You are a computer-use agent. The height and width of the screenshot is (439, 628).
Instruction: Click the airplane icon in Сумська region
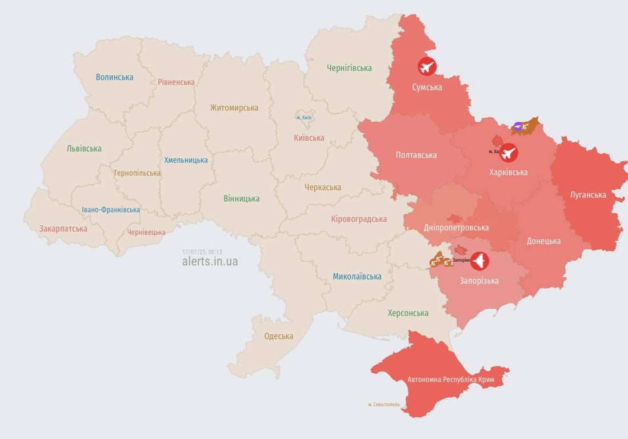point(427,67)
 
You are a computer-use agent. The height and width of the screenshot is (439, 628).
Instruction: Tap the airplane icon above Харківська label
point(508,153)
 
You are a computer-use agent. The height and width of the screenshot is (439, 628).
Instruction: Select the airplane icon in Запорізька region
point(479,261)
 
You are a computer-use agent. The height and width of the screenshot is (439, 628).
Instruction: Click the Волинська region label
point(114,77)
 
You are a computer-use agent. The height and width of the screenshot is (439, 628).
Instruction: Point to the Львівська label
point(84,149)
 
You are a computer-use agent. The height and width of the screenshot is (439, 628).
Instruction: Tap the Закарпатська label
point(63,229)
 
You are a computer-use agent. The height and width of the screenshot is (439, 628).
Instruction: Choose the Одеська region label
point(278,336)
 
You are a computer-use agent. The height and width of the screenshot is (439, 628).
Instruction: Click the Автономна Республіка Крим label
point(450,380)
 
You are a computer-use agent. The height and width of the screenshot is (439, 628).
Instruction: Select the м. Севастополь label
point(384,405)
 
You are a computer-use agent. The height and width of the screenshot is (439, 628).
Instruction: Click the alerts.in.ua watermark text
point(210,262)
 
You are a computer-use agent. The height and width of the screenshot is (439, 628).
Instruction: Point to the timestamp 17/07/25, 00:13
point(202,252)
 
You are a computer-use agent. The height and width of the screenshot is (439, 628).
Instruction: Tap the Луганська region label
point(588,195)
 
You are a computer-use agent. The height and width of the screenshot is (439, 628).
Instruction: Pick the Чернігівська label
point(349,68)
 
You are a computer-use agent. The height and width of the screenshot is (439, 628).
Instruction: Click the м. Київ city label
point(304,117)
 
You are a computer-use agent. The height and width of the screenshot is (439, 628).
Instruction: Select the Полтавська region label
point(416,155)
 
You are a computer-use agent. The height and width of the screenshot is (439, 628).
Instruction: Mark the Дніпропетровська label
point(456,228)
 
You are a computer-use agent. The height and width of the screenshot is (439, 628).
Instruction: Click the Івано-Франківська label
point(111,210)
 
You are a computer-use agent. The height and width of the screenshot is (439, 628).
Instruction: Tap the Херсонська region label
point(408,313)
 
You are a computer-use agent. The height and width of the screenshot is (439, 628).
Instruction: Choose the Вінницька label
point(241,199)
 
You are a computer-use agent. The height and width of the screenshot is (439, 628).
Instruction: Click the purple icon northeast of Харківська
point(518,126)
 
